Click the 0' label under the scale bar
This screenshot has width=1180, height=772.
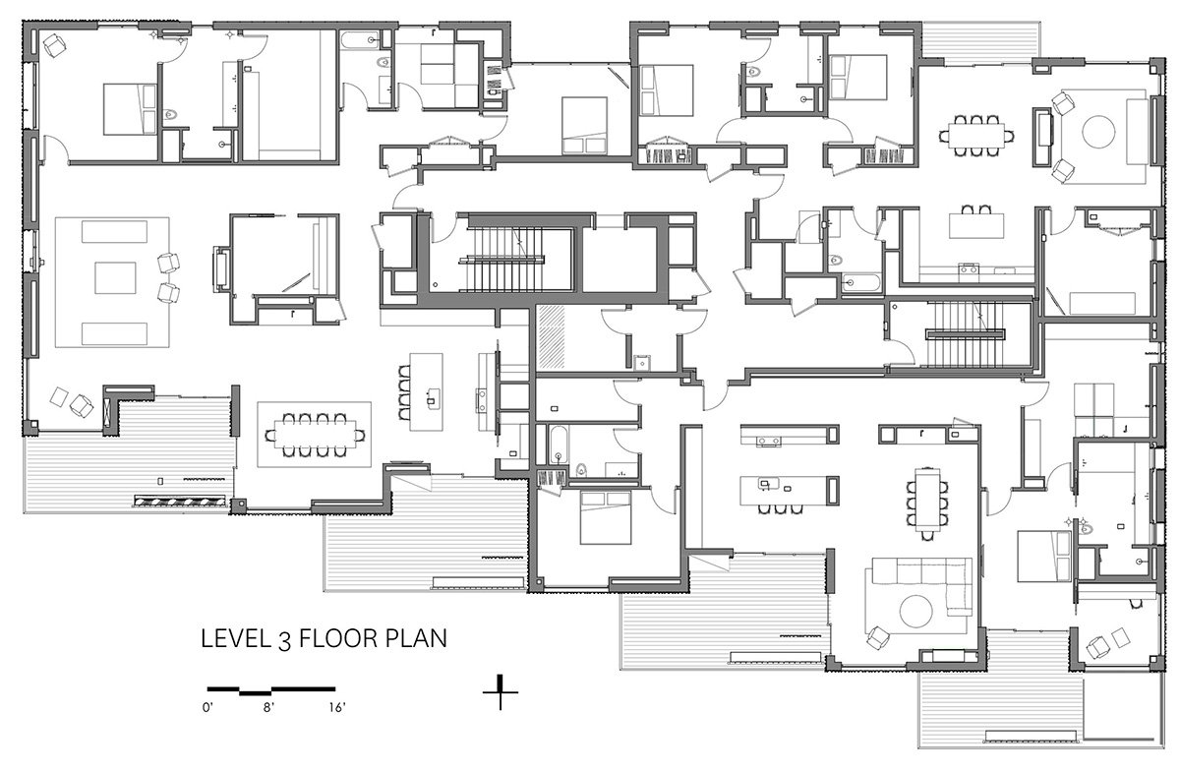pyautogui.click(x=208, y=706)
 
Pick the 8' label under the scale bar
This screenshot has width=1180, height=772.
pyautogui.click(x=268, y=706)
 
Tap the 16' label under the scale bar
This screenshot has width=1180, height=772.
pyautogui.click(x=337, y=706)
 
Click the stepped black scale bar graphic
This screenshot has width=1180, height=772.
pyautogui.click(x=270, y=687)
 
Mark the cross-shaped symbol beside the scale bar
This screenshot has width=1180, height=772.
pyautogui.click(x=501, y=692)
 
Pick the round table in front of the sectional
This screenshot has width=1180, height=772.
pyautogui.click(x=912, y=611)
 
